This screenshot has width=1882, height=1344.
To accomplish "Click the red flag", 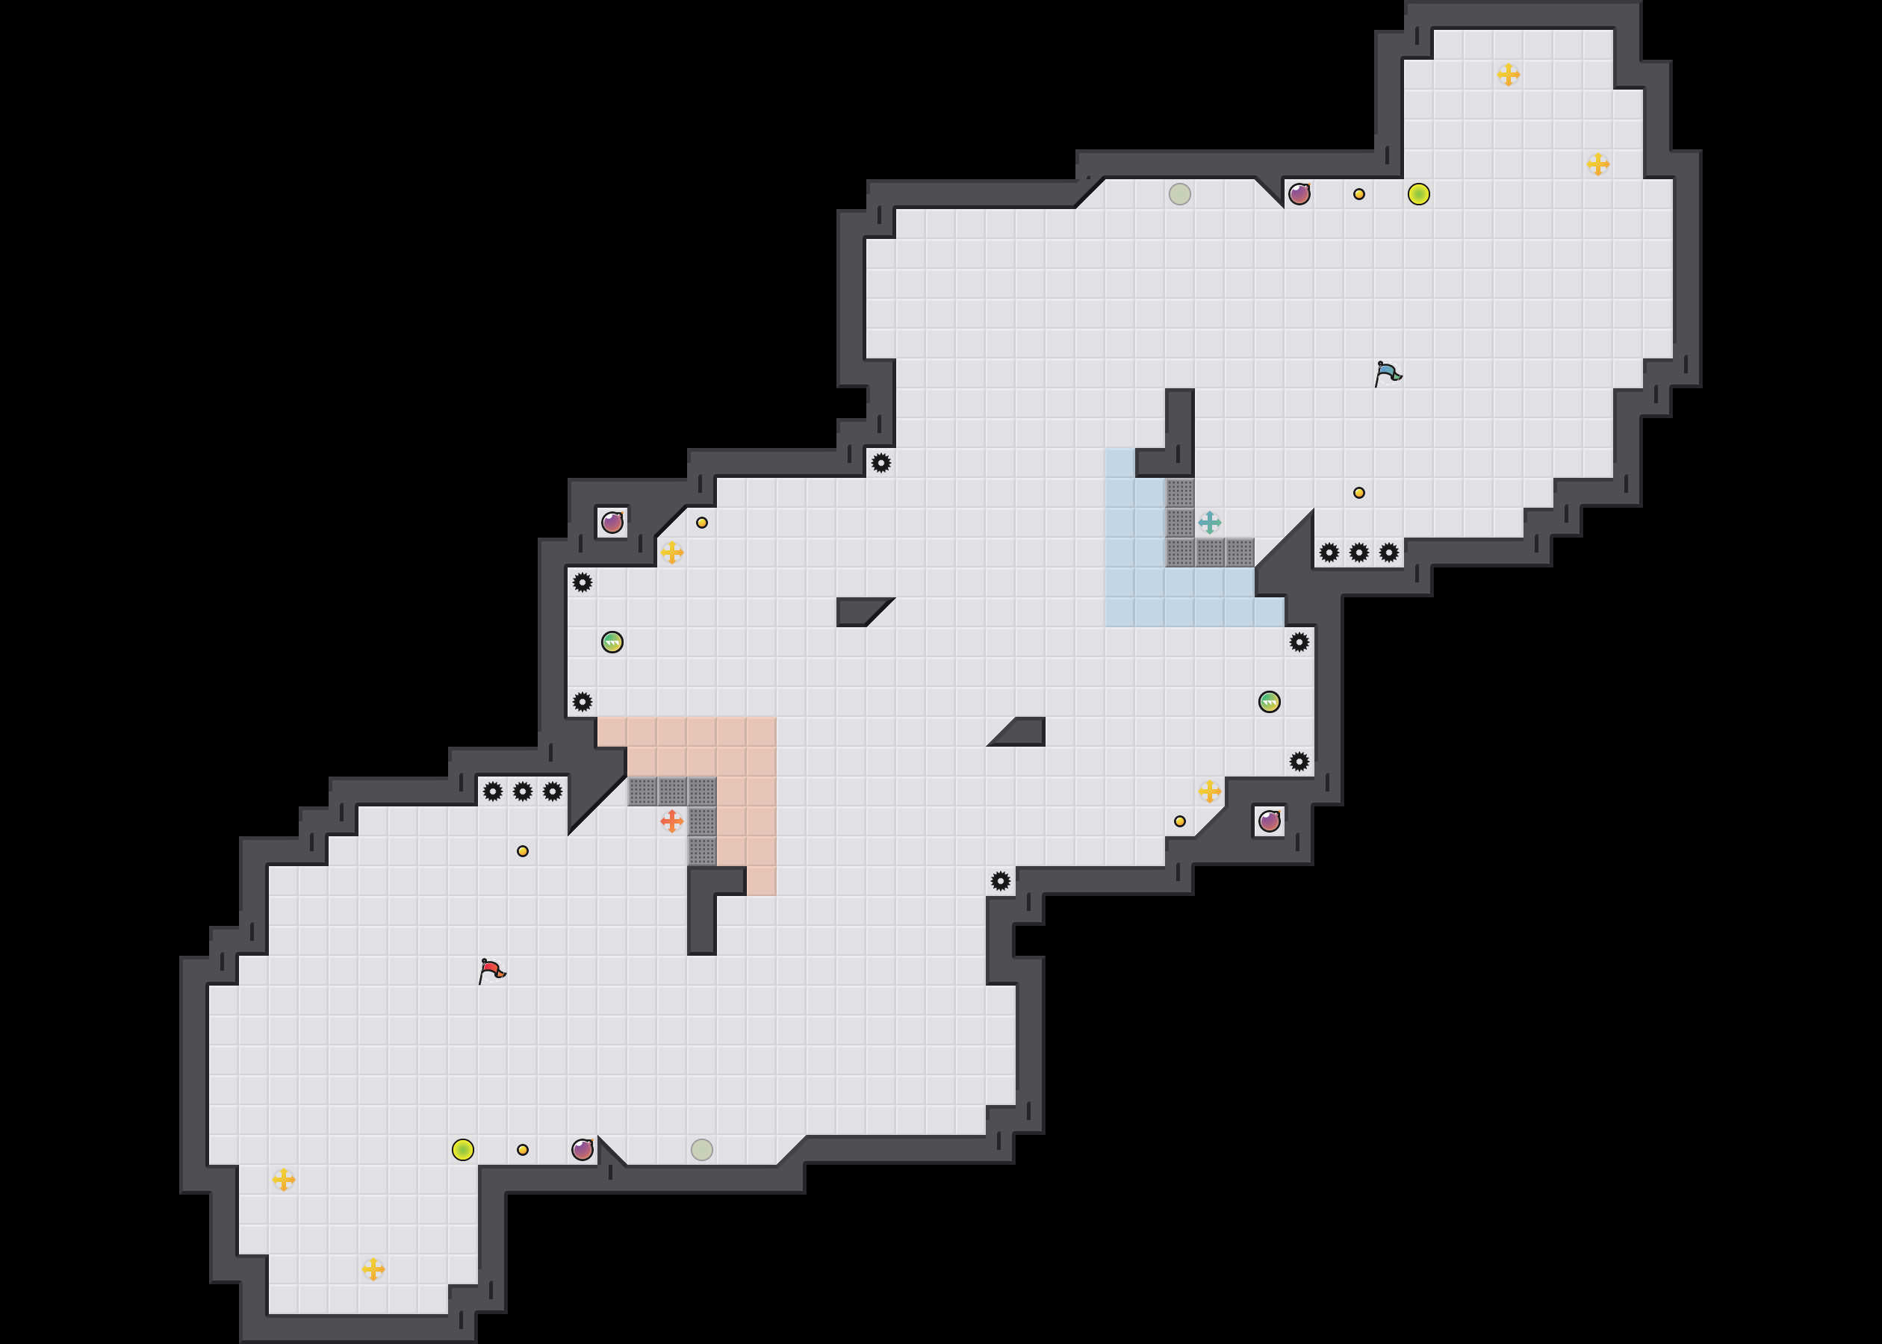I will (x=491, y=970).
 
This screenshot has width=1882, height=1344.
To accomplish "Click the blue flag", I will (x=1387, y=373).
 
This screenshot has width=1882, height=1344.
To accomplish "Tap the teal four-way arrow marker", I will (x=1209, y=522).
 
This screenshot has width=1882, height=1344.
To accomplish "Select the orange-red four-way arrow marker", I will (x=671, y=821).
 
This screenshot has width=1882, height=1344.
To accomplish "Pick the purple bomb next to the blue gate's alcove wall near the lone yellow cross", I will (x=612, y=522).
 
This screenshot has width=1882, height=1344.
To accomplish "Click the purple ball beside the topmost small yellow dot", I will (x=1299, y=193).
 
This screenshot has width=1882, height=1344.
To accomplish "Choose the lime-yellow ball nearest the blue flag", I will (x=1417, y=193).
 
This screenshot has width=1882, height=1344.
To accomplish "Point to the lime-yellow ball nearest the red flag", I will (x=462, y=1148).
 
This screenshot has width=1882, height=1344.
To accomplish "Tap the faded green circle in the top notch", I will (x=1179, y=193).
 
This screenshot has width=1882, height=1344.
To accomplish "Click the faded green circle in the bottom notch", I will (x=701, y=1148).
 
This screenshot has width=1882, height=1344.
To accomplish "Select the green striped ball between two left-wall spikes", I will (x=612, y=641).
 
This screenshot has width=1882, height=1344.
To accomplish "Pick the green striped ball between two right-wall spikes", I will (x=1269, y=702).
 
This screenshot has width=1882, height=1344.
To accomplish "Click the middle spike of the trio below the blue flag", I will (x=1358, y=552).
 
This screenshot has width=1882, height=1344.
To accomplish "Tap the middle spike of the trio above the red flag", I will (x=522, y=791).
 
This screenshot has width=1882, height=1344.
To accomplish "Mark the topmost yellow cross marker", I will (x=1508, y=75).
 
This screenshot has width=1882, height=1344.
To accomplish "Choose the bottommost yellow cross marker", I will (x=373, y=1269).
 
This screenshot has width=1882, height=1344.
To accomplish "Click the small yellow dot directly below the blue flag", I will (x=1358, y=492).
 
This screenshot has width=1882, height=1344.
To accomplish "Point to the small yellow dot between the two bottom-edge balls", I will (x=522, y=1148).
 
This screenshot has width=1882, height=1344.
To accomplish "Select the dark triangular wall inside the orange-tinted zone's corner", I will (x=591, y=799).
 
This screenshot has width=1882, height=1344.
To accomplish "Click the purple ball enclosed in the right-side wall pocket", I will (x=1269, y=821).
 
